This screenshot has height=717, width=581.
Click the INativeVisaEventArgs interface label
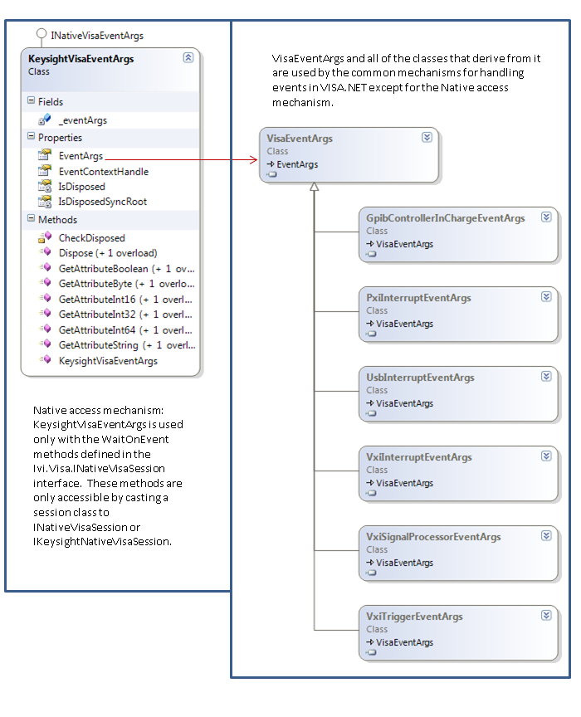(x=96, y=36)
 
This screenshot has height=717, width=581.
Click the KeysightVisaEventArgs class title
(x=81, y=59)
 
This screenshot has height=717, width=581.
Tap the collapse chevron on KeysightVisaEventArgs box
(x=188, y=58)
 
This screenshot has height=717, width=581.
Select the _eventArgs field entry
(x=82, y=120)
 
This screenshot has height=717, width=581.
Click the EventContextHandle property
(x=103, y=171)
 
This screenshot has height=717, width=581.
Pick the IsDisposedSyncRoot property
(x=102, y=202)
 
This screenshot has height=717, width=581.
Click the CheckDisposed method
(x=91, y=238)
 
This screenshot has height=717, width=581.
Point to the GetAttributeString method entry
(x=126, y=345)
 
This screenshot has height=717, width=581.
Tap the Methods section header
(x=57, y=220)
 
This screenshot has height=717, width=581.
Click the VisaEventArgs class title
(x=300, y=139)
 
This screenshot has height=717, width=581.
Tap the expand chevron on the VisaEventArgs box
(x=427, y=138)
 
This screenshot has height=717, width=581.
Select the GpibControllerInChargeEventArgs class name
(x=445, y=218)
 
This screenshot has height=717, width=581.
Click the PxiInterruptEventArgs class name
(x=418, y=298)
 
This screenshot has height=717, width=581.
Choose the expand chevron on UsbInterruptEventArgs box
(x=546, y=376)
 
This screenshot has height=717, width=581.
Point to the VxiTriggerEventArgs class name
(x=414, y=617)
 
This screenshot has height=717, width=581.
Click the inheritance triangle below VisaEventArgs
(x=314, y=188)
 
